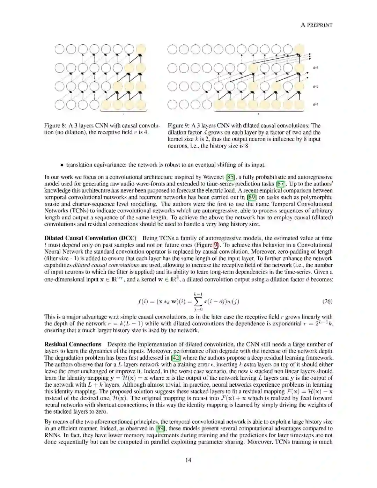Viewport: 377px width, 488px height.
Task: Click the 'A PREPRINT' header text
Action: tap(317, 25)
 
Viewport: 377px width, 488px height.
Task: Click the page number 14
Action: tap(188, 460)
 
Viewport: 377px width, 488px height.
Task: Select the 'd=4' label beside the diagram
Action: tap(315, 67)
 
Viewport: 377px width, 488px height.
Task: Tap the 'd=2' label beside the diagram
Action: tap(315, 86)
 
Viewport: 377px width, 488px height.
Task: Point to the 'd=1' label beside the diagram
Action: tap(315, 104)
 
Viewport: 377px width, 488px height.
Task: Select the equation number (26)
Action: tap(327, 301)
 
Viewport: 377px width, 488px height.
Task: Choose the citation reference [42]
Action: tap(176, 358)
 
